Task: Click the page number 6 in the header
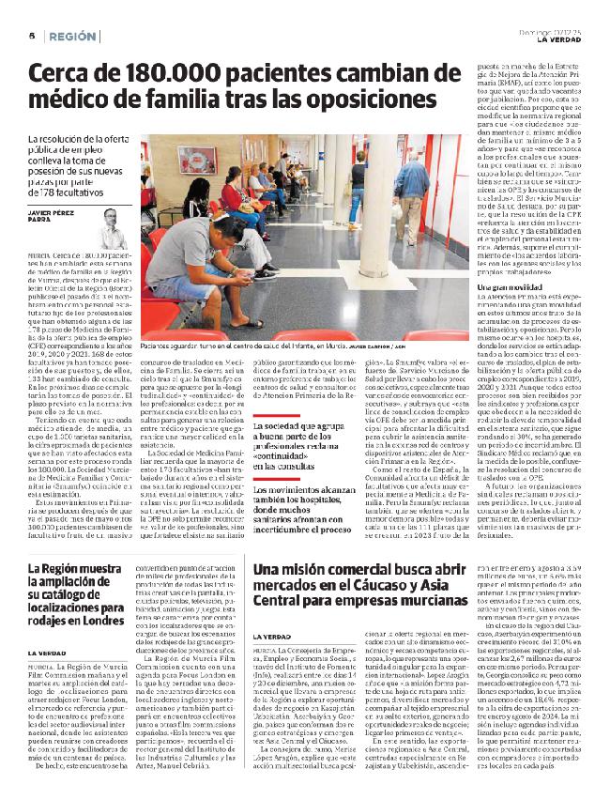click(x=31, y=35)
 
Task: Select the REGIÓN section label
click(x=72, y=35)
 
